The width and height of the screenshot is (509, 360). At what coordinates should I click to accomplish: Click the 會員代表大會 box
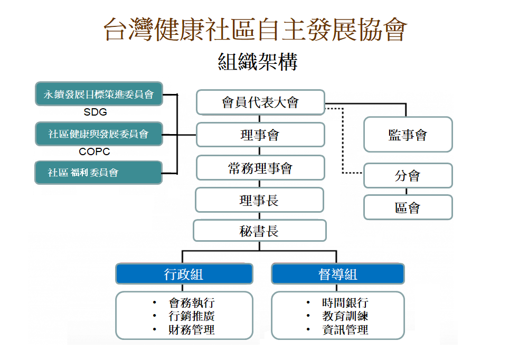(x=260, y=102)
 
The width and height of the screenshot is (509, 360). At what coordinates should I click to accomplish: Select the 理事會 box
(x=260, y=135)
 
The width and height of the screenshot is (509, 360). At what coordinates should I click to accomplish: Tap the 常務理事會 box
(x=260, y=168)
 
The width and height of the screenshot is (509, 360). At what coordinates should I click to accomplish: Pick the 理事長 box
(x=259, y=200)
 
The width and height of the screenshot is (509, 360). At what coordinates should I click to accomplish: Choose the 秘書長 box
(x=259, y=231)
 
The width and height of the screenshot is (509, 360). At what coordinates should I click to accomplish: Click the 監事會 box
(x=408, y=135)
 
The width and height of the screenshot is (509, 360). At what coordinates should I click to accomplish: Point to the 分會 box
(x=408, y=176)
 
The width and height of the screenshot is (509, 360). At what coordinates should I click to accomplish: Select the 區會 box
(x=408, y=207)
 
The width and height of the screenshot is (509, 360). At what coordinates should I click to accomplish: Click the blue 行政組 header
(x=184, y=274)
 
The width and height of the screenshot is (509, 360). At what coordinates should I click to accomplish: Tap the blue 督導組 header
(x=337, y=274)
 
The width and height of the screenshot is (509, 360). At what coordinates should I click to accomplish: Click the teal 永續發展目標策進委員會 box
(x=99, y=94)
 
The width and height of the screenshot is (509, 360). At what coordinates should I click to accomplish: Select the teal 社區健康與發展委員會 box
(x=99, y=134)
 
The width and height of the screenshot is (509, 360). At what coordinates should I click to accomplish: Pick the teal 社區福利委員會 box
(x=99, y=173)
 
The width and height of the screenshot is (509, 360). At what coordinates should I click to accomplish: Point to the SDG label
(x=95, y=112)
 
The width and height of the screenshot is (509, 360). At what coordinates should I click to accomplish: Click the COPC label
(x=95, y=152)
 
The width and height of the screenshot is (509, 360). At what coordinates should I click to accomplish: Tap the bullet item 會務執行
(x=192, y=303)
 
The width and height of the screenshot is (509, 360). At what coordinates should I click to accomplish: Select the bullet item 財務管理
(x=192, y=330)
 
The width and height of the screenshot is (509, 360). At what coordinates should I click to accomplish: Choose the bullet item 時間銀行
(x=345, y=303)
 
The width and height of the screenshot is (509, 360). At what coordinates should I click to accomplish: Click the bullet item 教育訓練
(x=345, y=317)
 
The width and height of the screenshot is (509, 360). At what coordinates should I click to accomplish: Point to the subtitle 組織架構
(x=258, y=61)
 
